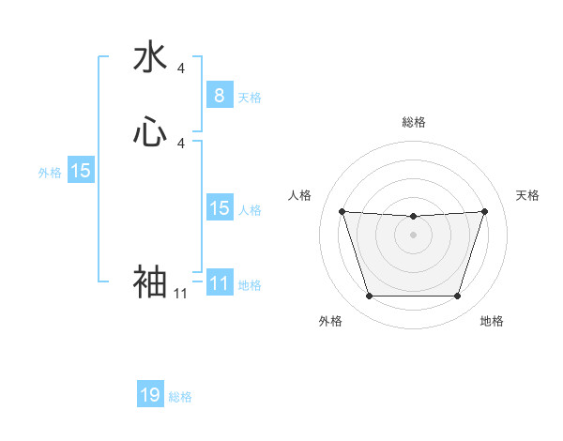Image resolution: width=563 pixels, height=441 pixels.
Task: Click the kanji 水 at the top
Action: tap(150, 58)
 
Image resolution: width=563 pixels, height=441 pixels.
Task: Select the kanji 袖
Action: tap(150, 281)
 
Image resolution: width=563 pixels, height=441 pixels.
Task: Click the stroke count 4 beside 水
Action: tap(181, 68)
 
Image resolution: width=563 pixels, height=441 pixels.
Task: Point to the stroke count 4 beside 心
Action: tap(181, 143)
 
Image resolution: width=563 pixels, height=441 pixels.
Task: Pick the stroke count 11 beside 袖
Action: tap(180, 294)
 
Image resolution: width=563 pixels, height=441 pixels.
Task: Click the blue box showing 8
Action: tap(219, 95)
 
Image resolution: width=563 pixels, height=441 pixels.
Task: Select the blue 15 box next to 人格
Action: tap(219, 208)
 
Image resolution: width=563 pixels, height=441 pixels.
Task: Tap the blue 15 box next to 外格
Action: tap(81, 171)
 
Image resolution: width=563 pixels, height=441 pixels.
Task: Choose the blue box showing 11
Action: tap(219, 283)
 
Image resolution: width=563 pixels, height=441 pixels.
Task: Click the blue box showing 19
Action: tap(150, 395)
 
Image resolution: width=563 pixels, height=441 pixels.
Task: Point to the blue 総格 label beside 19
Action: tap(181, 397)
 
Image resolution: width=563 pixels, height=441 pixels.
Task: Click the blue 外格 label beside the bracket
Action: tap(50, 173)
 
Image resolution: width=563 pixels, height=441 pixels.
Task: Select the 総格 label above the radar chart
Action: tap(414, 122)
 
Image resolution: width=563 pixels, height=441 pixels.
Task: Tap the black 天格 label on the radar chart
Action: tap(527, 195)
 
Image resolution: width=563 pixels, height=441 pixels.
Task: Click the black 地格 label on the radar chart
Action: tap(492, 321)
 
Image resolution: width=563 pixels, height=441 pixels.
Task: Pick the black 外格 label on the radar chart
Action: tap(330, 321)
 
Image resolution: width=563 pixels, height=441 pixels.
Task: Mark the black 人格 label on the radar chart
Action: tap(300, 195)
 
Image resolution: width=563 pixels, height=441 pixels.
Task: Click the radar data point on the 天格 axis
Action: tap(484, 211)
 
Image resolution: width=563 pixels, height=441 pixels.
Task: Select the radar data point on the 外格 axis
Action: tap(369, 297)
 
